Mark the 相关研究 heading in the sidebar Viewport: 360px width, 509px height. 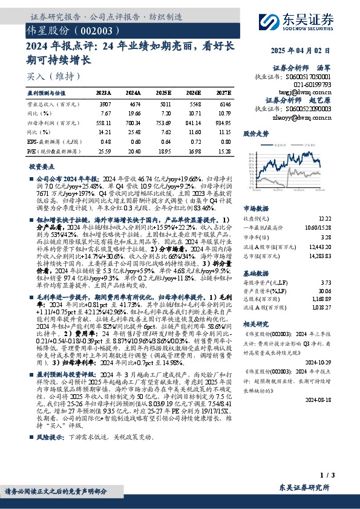(257, 325)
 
